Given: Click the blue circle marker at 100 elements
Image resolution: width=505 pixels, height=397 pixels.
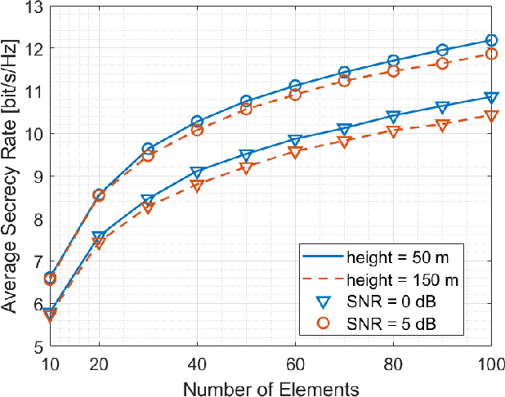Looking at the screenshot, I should pyautogui.click(x=491, y=40).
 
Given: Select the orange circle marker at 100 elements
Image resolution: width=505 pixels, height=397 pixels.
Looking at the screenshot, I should pyautogui.click(x=491, y=54).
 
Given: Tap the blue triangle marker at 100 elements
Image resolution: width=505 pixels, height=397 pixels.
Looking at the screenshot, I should pyautogui.click(x=491, y=97).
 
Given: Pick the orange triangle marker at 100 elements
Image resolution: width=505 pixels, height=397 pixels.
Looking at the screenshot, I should pyautogui.click(x=491, y=116).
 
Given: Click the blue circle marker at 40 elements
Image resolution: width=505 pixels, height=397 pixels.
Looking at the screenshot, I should pyautogui.click(x=197, y=121).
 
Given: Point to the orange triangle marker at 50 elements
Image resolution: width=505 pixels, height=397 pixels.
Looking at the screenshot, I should pyautogui.click(x=246, y=167).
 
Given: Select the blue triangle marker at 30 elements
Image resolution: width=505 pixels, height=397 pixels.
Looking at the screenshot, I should pyautogui.click(x=148, y=200).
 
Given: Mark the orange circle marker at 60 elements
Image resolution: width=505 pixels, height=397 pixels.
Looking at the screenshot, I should pyautogui.click(x=295, y=95).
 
